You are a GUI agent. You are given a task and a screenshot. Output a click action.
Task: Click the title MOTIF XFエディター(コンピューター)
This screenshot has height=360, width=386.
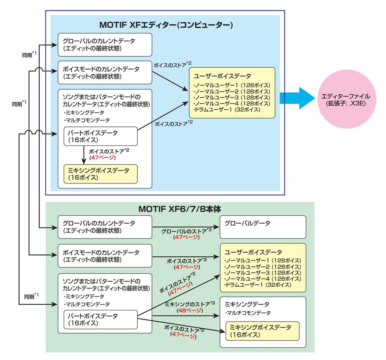click(x=166, y=25)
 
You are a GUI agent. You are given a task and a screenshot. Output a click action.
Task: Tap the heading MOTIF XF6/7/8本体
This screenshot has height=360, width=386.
click(x=179, y=209)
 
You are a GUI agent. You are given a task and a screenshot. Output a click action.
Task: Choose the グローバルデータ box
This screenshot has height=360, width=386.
click(x=262, y=227)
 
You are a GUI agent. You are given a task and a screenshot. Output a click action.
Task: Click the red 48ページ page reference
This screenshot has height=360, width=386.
click(x=190, y=310)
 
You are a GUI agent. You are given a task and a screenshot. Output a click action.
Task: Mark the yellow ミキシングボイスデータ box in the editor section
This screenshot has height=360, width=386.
click(x=100, y=174)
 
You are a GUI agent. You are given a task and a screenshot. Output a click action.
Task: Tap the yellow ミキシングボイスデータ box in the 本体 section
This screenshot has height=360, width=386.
click(x=262, y=331)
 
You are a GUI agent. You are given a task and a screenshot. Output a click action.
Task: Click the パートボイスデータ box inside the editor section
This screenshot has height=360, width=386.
click(x=100, y=136)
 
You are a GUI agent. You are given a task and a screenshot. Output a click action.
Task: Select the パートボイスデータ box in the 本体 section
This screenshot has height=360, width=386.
click(x=100, y=319)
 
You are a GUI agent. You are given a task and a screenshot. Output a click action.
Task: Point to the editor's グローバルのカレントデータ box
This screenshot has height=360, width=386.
click(x=105, y=45)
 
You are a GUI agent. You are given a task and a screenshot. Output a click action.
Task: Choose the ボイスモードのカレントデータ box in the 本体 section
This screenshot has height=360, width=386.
click(x=105, y=256)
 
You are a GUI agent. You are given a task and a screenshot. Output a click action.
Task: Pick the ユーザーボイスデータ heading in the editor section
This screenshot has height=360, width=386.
click(x=222, y=76)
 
